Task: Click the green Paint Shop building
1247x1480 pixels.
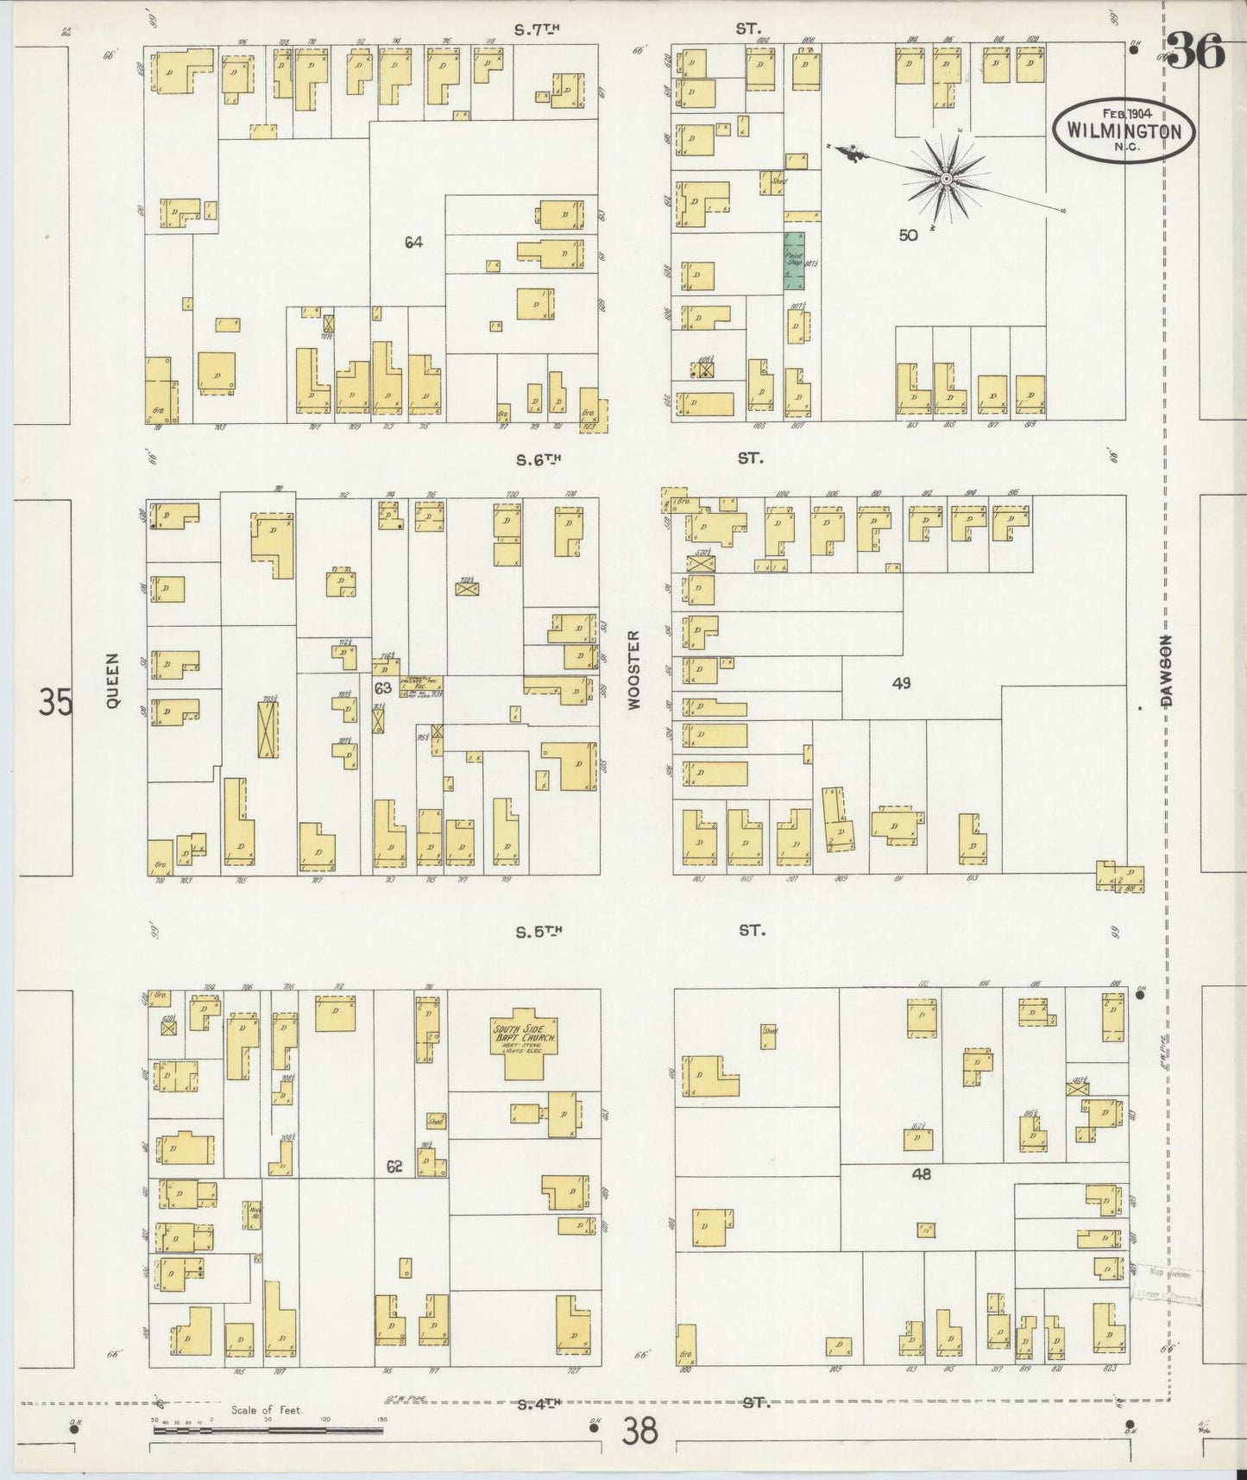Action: point(793,260)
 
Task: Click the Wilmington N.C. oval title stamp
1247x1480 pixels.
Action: point(1124,130)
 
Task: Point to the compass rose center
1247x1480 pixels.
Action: point(946,179)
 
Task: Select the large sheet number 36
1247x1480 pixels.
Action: point(1198,54)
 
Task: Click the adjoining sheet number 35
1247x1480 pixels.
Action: point(55,701)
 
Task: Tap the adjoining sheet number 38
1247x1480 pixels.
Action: point(639,1432)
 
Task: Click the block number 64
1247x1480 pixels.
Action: point(413,243)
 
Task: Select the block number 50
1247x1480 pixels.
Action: point(907,234)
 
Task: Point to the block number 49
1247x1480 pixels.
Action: point(901,683)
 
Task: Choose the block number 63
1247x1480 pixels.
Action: point(382,688)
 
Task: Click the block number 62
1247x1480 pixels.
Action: point(394,1166)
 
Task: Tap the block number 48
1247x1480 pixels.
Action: point(921,1174)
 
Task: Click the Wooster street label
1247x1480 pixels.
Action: point(635,669)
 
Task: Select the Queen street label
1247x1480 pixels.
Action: point(112,692)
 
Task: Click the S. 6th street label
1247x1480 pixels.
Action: point(538,460)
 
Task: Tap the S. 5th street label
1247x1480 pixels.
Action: point(538,932)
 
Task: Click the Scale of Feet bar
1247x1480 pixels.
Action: point(268,1430)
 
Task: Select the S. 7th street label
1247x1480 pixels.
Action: point(537,29)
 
